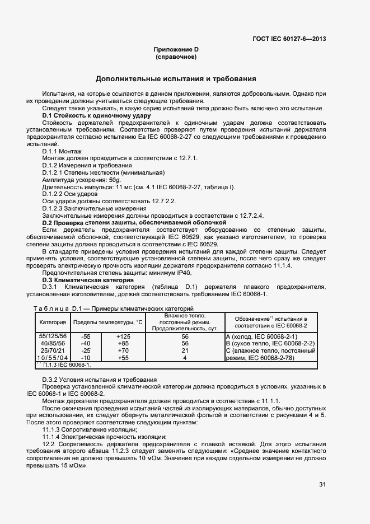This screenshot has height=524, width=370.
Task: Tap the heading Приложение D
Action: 176,49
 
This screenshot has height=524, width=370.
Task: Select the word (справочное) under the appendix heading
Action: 176,57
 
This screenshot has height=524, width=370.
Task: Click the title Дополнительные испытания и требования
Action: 176,79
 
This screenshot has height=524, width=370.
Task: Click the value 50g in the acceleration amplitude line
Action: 115,180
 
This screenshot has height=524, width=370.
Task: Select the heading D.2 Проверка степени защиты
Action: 134,223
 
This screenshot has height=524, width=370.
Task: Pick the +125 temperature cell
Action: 123,336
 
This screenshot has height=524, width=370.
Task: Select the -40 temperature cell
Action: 86,343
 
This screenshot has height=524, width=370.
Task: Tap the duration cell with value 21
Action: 185,350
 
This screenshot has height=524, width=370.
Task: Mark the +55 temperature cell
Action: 123,358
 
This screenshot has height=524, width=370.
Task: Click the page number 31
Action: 322,484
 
